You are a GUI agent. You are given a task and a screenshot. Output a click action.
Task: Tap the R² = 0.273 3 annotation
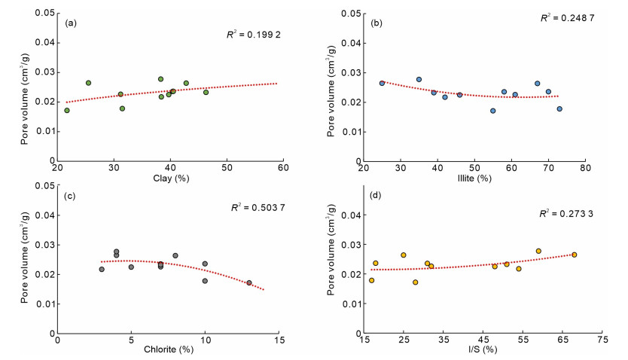(x=566, y=214)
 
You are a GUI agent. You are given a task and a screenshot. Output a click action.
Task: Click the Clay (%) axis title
(x=169, y=178)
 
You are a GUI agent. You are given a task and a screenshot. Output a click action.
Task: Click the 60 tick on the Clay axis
(x=283, y=169)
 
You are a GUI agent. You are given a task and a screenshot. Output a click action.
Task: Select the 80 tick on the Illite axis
(x=584, y=169)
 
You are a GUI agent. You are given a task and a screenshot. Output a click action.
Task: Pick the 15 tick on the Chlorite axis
(x=278, y=341)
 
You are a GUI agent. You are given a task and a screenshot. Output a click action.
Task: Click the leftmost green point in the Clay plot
(x=67, y=111)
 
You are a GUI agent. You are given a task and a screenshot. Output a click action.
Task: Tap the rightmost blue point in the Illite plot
(x=559, y=108)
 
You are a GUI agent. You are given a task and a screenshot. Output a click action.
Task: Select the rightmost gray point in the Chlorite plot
(x=249, y=283)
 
